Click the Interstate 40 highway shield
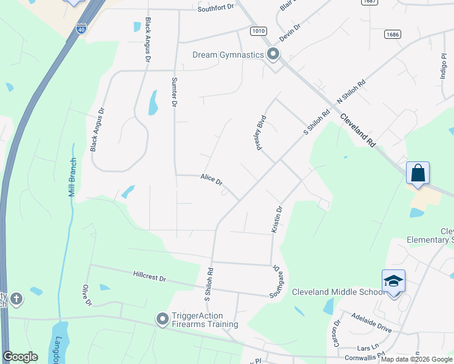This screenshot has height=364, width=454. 81,28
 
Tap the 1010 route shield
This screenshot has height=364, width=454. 257,30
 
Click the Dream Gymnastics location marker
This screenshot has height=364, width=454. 273,55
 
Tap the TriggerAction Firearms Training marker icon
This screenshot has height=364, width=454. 162,319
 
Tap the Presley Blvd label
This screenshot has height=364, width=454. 261,132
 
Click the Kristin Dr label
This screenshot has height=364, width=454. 277,220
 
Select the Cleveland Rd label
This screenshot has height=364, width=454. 357,130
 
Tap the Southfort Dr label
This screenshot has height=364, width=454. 215,9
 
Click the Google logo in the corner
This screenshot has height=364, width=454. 20,357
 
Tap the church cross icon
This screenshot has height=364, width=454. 16,298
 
